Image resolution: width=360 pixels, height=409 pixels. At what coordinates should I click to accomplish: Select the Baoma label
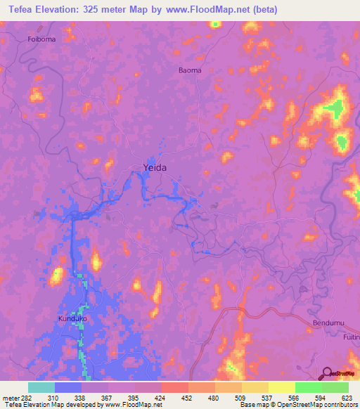[x=189, y=70]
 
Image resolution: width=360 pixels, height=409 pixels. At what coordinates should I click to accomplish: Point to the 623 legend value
[x=347, y=398]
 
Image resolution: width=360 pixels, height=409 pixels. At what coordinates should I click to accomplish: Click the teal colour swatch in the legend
[x=41, y=388]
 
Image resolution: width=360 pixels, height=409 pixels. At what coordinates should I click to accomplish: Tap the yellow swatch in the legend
[x=281, y=388]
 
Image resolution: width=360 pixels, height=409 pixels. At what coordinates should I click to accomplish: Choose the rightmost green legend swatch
[x=335, y=388]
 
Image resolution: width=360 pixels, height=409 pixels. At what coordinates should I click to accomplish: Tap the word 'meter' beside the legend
[x=9, y=398]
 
